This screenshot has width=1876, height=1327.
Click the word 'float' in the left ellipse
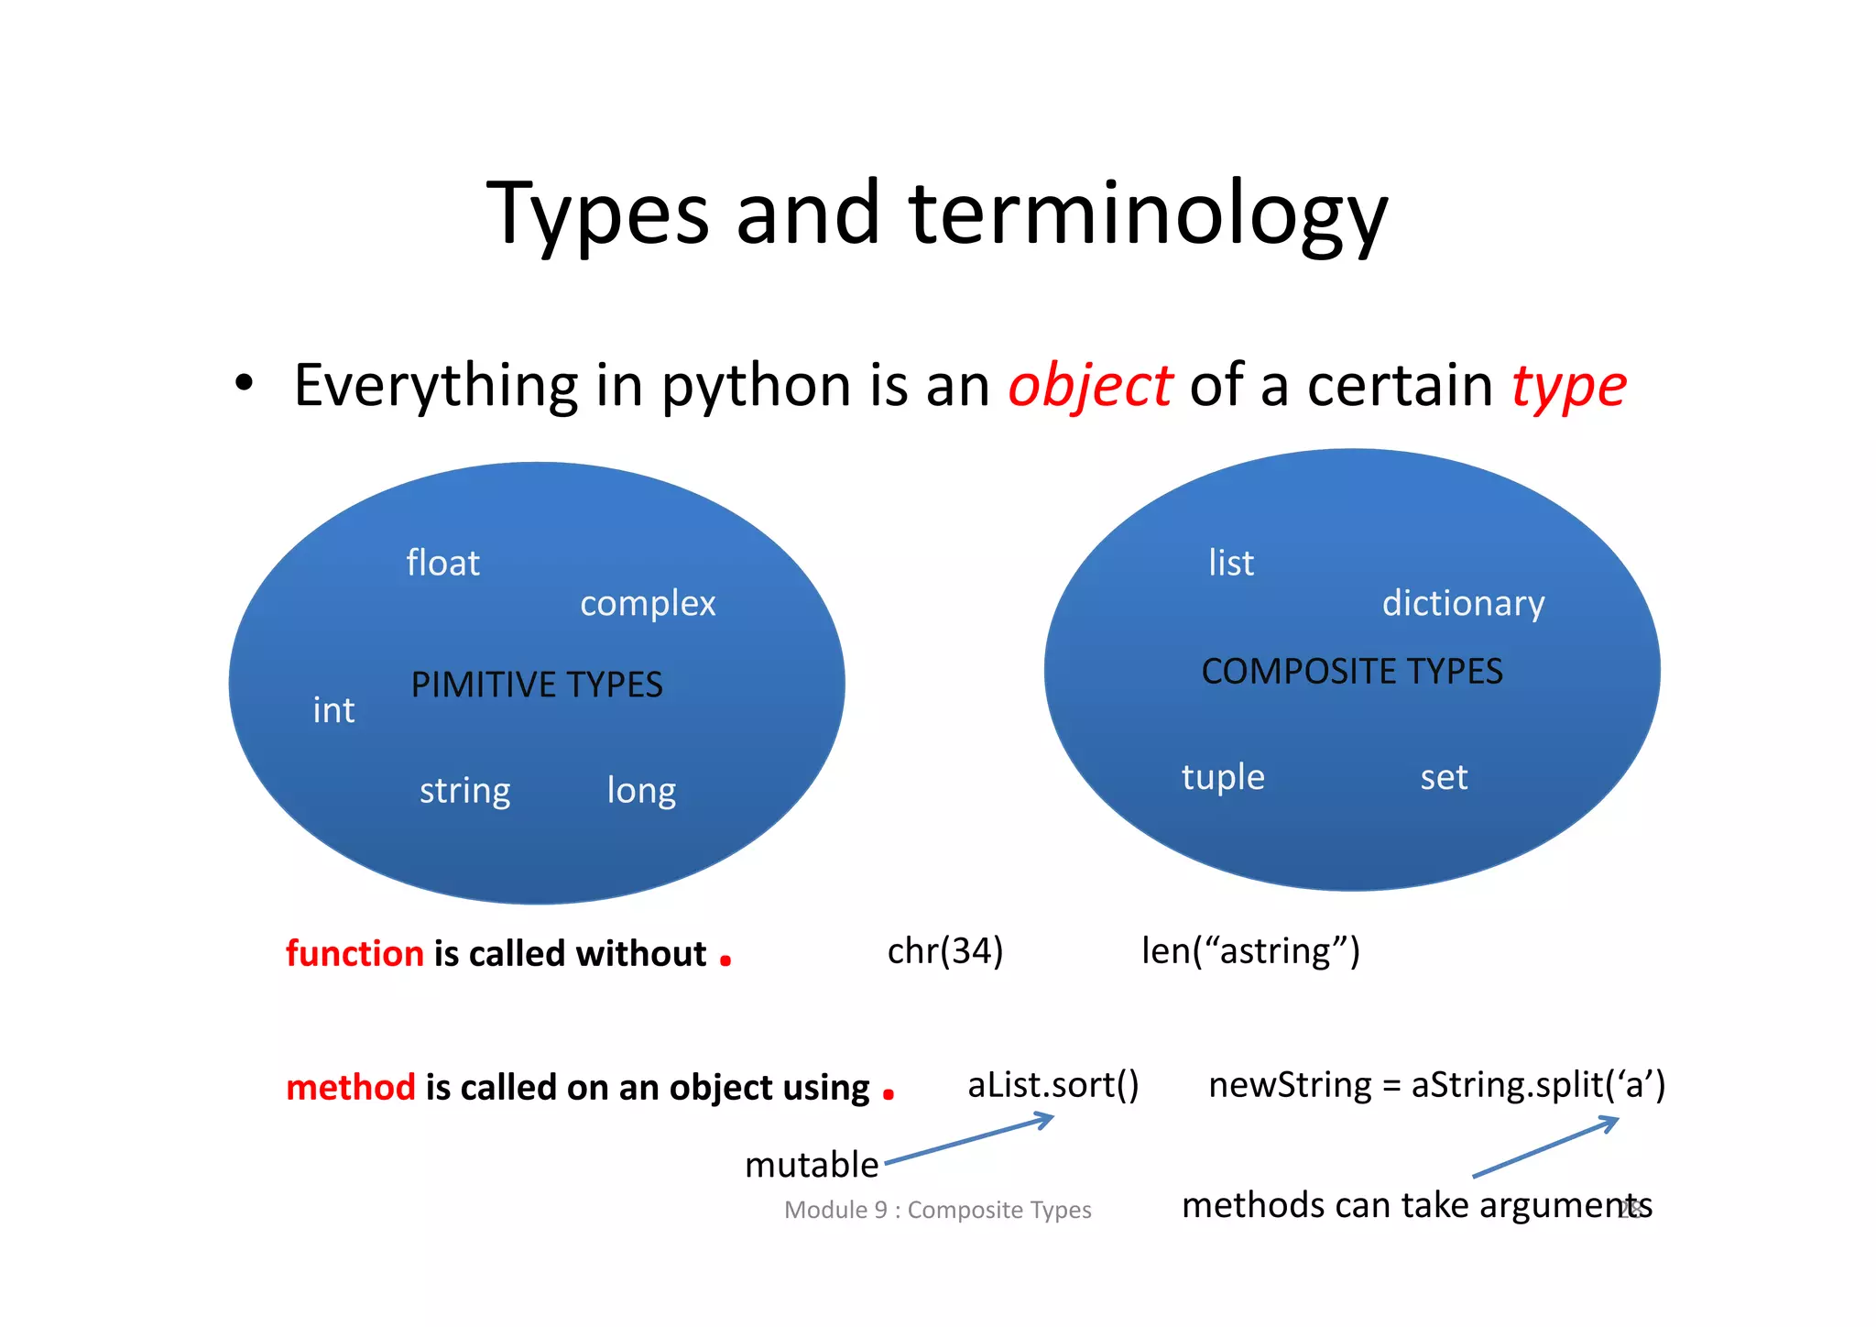point(442,563)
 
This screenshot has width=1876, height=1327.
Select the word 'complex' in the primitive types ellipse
point(648,604)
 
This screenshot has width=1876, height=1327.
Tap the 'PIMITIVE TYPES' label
point(536,685)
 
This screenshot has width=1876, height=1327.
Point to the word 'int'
point(333,710)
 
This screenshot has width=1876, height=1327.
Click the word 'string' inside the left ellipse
point(464,791)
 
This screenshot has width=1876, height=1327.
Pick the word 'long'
point(641,791)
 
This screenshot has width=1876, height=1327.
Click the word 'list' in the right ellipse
point(1230,563)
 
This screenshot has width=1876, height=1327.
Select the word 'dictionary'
point(1463,604)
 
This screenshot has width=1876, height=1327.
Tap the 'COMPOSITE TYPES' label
point(1351,672)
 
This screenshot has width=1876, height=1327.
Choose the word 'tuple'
point(1222,777)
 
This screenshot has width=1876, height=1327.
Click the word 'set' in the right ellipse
point(1444,777)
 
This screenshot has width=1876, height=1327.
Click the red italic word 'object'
point(1089,386)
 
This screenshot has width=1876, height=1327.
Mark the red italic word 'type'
point(1568,386)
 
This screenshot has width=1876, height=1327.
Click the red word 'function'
point(354,953)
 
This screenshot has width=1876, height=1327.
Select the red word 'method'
point(351,1087)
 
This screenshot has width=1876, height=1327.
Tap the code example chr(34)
point(945,951)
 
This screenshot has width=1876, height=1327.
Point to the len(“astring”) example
point(1250,951)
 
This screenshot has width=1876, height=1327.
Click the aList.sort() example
point(1053,1085)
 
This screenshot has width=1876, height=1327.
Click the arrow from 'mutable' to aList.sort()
point(969,1140)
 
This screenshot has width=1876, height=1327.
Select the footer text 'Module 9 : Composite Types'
point(937,1210)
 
